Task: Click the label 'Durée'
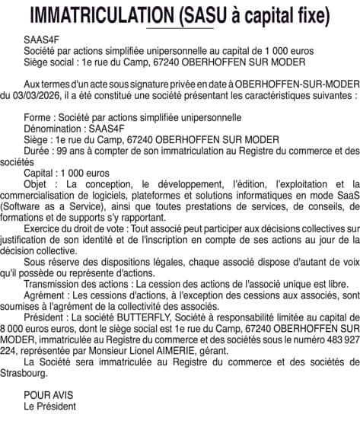pyautogui.click(x=37, y=151)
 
